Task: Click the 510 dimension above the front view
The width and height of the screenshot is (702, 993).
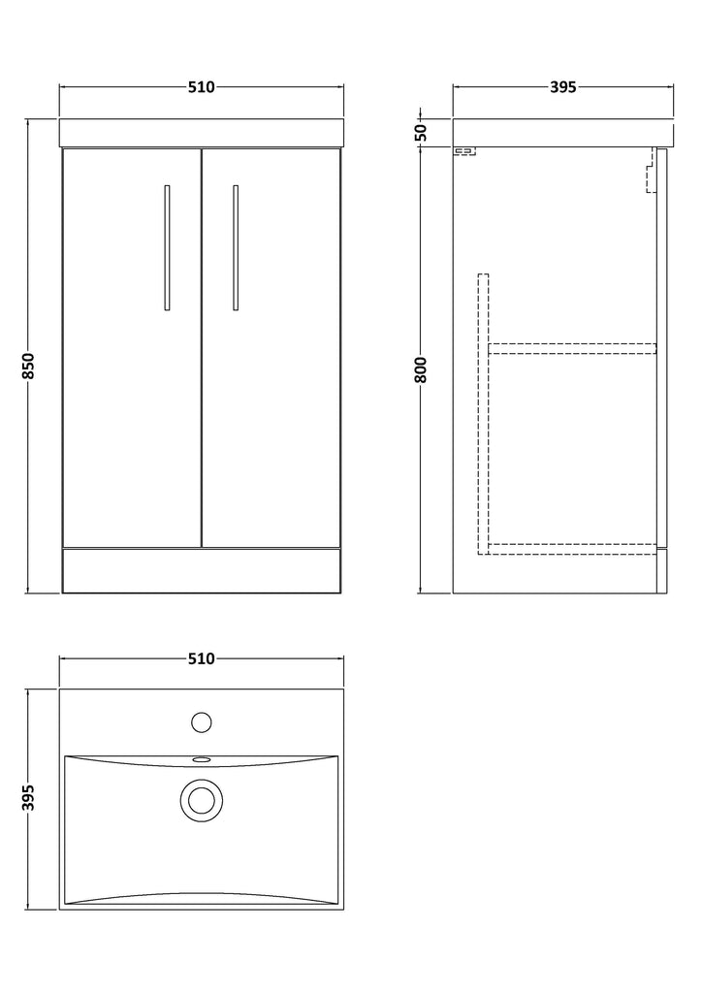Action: (x=202, y=86)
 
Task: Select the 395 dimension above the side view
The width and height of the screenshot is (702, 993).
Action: (x=562, y=86)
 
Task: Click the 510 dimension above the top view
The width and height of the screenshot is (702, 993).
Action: (x=202, y=659)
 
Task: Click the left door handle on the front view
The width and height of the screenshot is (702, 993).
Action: (x=167, y=247)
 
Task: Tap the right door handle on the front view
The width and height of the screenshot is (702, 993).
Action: (x=237, y=247)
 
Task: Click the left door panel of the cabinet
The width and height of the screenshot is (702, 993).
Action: (x=132, y=348)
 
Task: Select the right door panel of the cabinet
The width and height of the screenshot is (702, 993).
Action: (x=271, y=348)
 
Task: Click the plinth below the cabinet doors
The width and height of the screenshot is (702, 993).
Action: (x=202, y=570)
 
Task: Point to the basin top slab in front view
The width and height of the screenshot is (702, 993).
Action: (x=202, y=132)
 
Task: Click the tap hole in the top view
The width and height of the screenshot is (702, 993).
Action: (x=202, y=721)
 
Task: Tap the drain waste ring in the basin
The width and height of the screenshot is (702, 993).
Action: (x=202, y=797)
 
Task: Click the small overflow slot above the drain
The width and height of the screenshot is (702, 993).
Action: (x=202, y=758)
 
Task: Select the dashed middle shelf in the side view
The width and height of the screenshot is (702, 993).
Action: (x=572, y=348)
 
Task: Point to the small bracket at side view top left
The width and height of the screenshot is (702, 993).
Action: (x=464, y=151)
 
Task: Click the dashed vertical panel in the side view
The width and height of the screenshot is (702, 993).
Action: (x=483, y=414)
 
